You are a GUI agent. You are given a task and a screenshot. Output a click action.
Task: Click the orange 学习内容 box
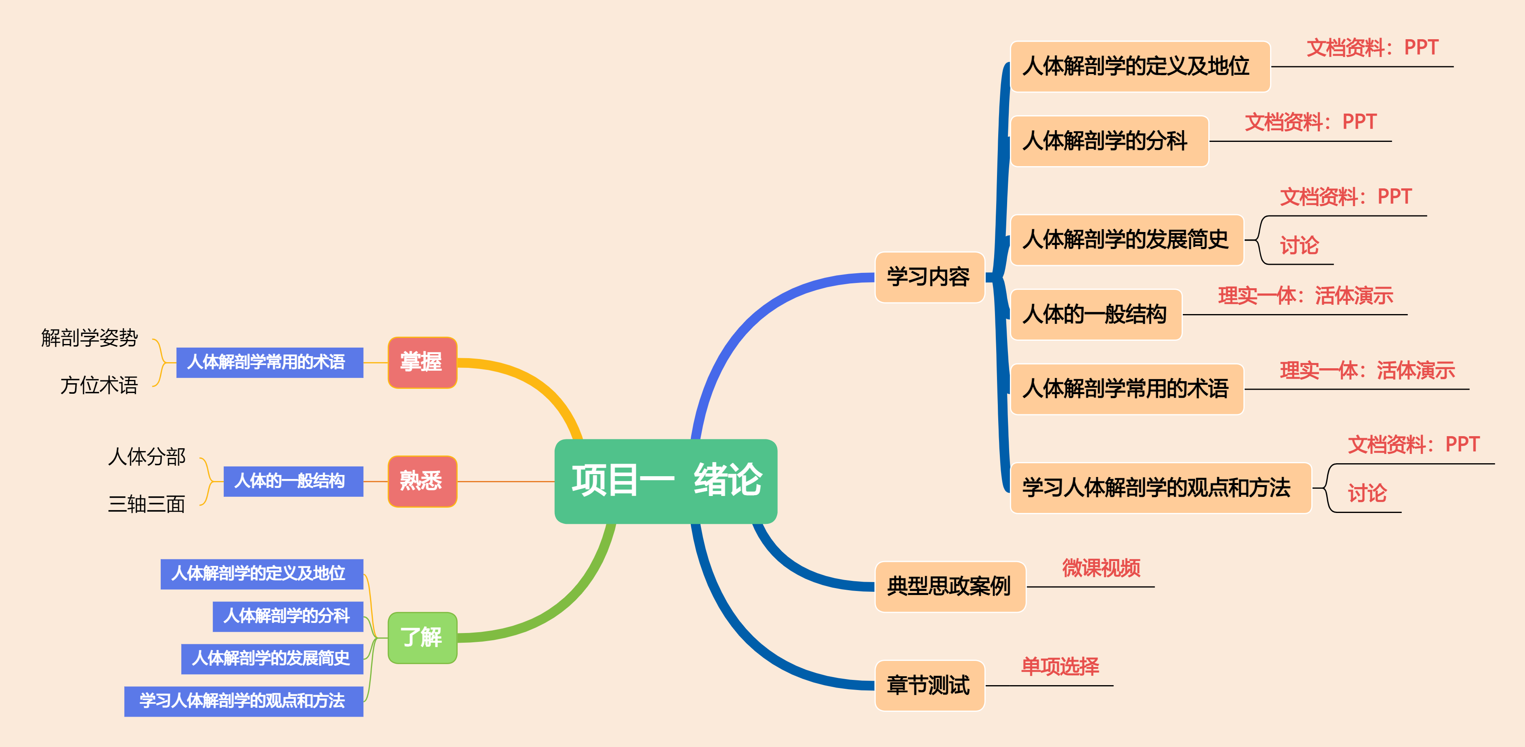[x=928, y=276]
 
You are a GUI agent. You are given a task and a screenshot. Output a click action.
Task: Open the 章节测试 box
[x=928, y=685]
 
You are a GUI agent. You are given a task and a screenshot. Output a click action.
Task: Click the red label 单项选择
[x=1060, y=667]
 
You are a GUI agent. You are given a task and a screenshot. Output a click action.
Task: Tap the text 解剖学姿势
[x=89, y=338]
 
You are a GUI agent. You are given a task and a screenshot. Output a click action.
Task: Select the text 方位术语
[x=99, y=386]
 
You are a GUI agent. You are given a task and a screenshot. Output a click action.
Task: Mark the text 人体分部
[x=146, y=457]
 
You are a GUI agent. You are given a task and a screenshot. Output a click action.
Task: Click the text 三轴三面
[x=146, y=504]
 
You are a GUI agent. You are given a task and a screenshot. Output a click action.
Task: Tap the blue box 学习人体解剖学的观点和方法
[x=243, y=701]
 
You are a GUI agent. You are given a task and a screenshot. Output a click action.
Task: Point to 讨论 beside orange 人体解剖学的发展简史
[x=1300, y=245]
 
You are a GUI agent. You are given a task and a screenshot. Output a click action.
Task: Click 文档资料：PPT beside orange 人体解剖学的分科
[x=1311, y=122]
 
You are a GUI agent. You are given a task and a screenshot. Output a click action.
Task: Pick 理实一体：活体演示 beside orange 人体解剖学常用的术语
[x=1367, y=370]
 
